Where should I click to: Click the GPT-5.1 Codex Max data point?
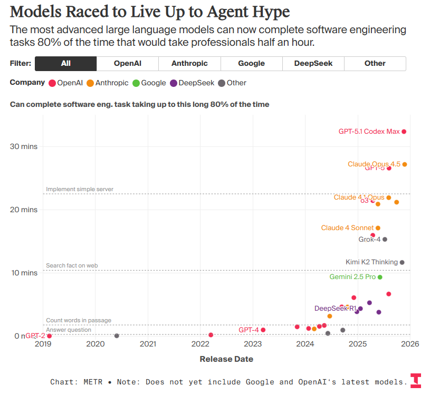(404, 132)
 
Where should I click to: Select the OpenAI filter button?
(127, 63)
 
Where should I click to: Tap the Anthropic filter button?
(189, 63)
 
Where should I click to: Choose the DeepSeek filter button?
(313, 63)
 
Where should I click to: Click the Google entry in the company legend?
(149, 83)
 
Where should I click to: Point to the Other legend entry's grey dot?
(222, 83)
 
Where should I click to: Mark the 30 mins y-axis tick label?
(24, 146)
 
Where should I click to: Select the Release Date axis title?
(226, 359)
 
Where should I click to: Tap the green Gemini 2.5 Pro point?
(380, 277)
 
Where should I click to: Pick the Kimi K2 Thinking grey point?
(402, 262)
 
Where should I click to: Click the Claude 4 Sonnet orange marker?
(378, 228)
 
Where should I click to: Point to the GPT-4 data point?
(263, 330)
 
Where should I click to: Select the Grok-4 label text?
(369, 240)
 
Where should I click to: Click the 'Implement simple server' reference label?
(80, 189)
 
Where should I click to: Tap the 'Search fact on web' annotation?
(72, 265)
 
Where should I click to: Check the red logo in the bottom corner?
(416, 381)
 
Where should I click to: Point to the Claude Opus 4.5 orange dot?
(405, 164)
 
